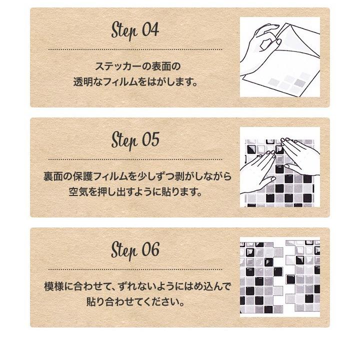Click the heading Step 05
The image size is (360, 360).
(134, 139)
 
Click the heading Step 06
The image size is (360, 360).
(134, 249)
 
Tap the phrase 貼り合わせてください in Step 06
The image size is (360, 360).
(134, 302)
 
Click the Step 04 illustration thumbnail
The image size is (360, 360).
(279, 57)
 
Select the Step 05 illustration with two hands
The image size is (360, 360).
(279, 167)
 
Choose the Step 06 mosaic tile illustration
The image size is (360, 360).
(279, 277)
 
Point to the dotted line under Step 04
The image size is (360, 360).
(134, 50)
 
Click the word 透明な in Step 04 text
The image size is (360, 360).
(87, 81)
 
